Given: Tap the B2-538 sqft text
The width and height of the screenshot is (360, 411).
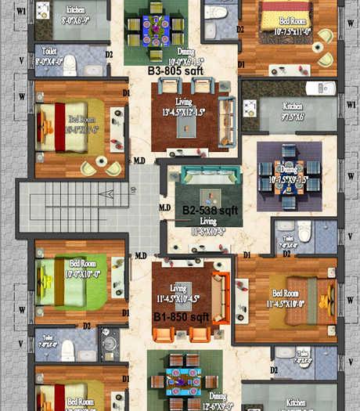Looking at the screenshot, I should [x=210, y=211].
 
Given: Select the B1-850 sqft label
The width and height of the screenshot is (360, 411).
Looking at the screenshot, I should [x=181, y=317].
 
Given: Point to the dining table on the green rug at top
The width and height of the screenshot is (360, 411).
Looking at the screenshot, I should [x=156, y=28].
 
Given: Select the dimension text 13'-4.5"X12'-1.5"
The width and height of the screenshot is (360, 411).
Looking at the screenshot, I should [x=184, y=112].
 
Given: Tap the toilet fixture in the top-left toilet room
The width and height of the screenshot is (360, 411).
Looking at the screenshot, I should [x=70, y=62].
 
